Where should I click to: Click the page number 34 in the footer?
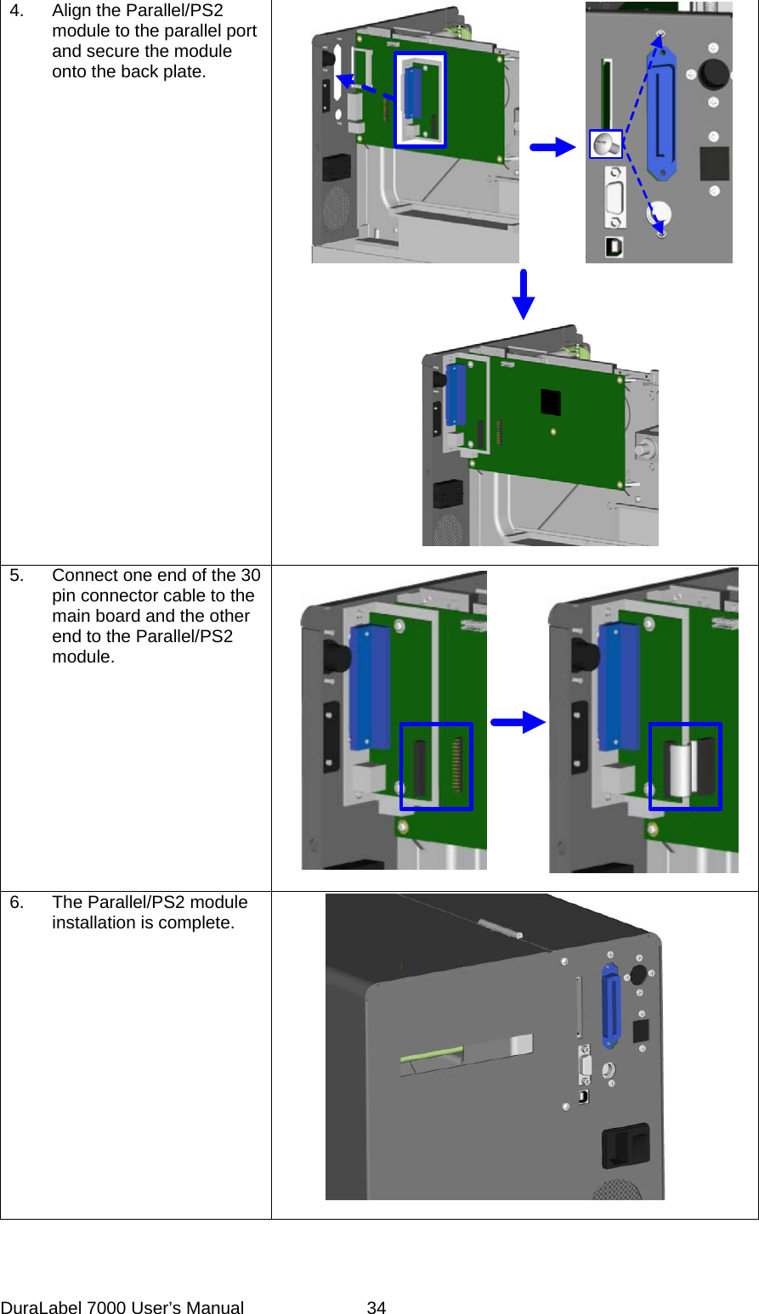tap(376, 1308)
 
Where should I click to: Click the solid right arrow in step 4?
tap(552, 148)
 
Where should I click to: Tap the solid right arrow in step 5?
tap(518, 723)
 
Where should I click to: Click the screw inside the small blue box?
tap(605, 144)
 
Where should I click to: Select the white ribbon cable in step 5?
tap(680, 770)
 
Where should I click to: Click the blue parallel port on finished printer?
tap(609, 1005)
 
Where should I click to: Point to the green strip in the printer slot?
tap(432, 1056)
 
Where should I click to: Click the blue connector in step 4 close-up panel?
tap(663, 110)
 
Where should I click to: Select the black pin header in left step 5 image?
tap(420, 767)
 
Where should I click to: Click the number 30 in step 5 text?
tap(250, 575)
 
